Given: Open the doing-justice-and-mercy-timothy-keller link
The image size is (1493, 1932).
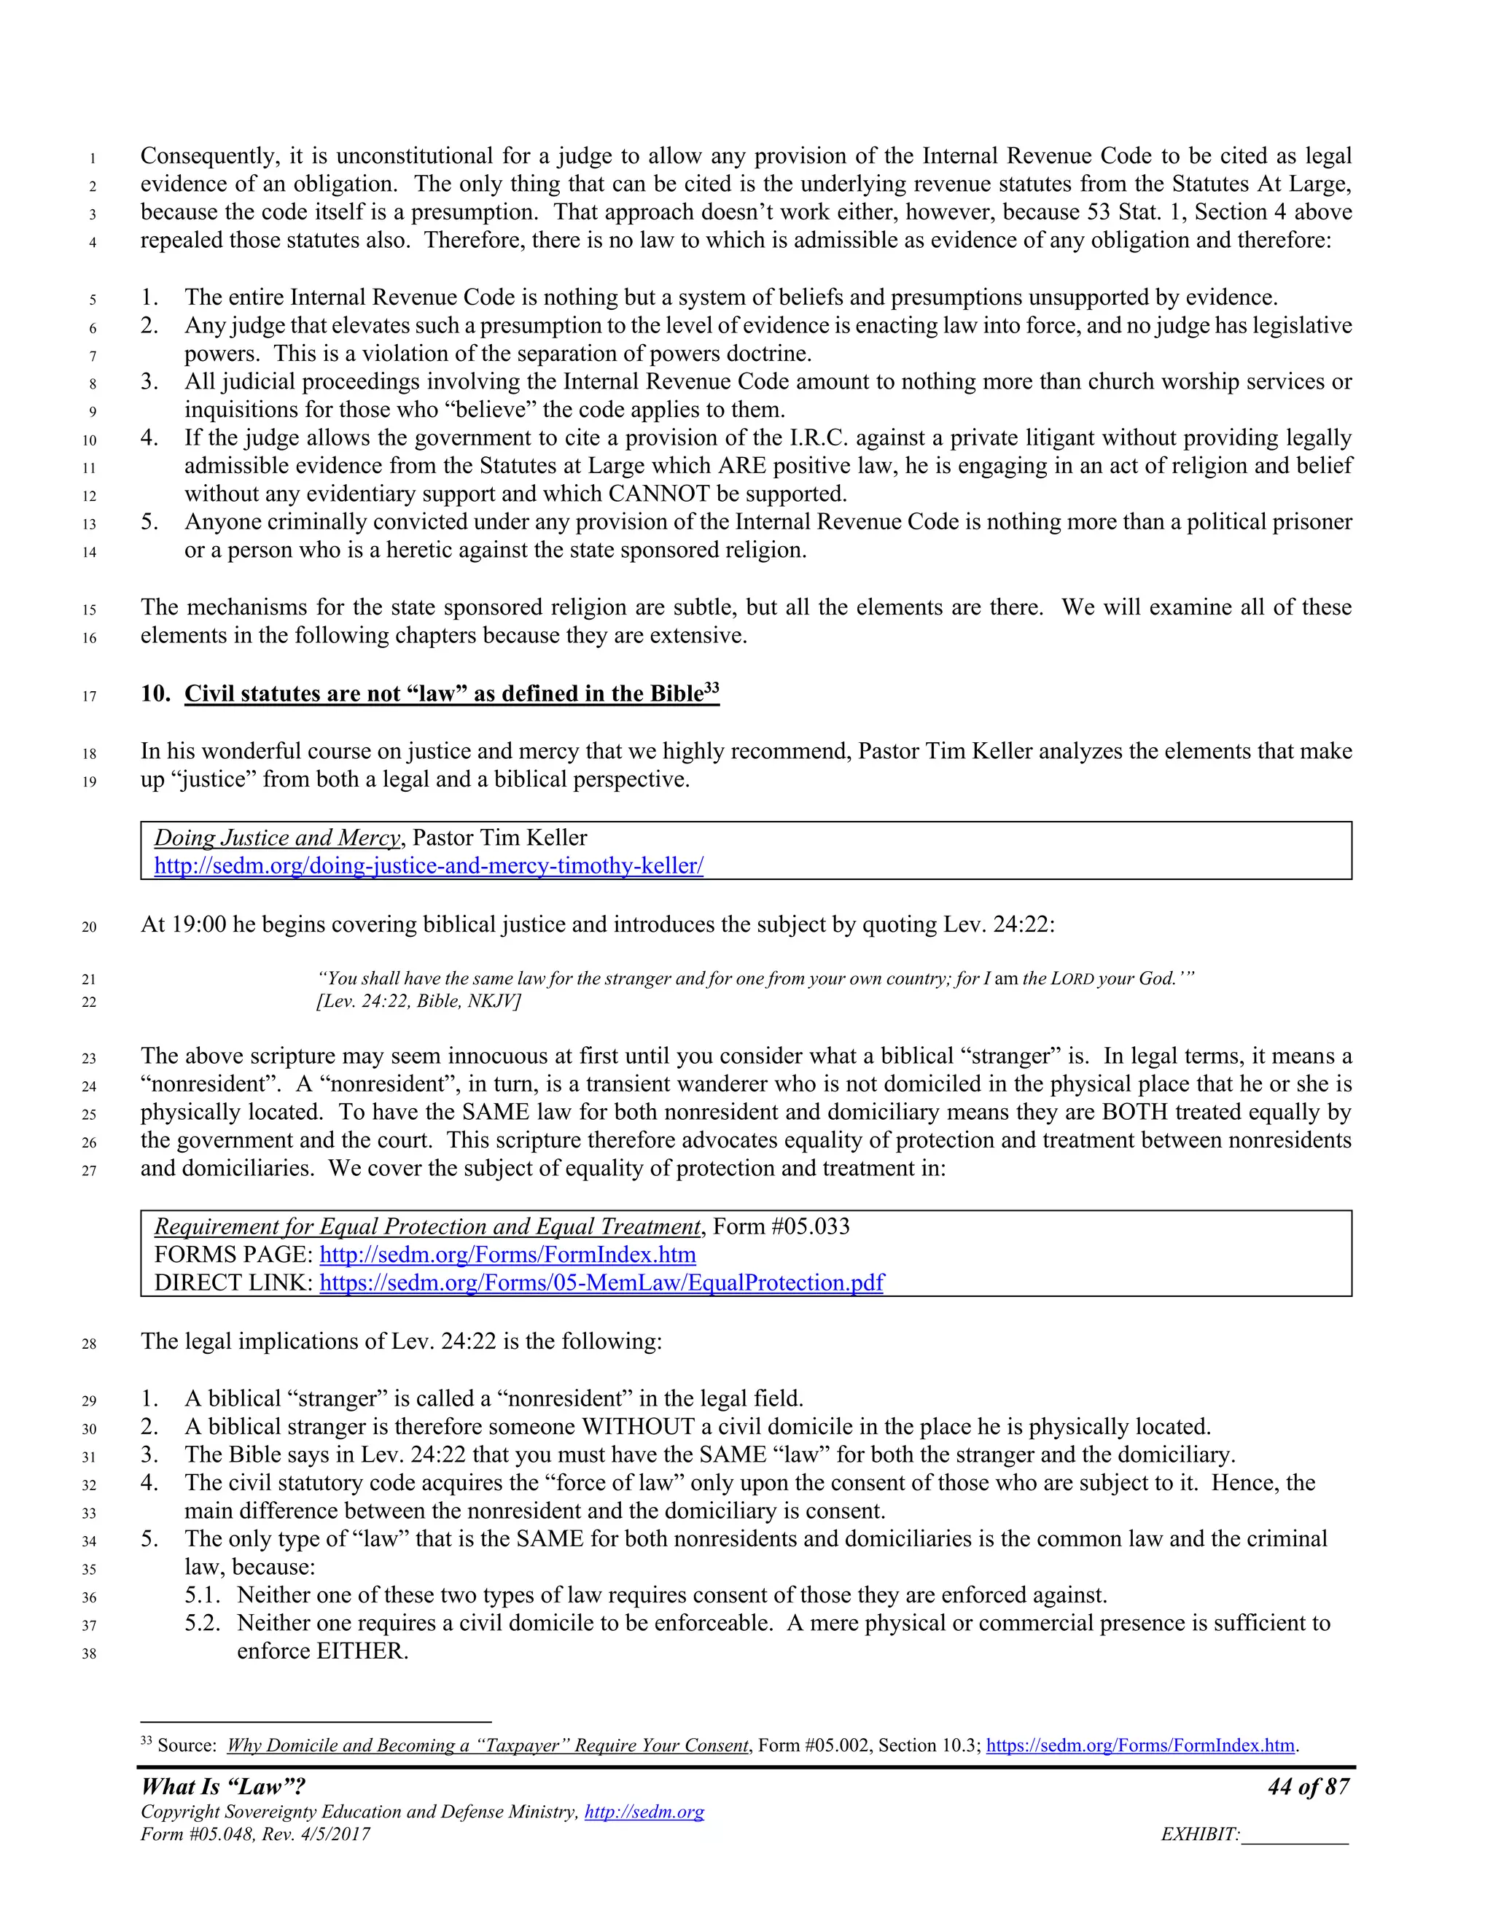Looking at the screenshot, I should point(429,865).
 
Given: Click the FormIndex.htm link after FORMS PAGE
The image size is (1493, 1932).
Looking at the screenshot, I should point(507,1255).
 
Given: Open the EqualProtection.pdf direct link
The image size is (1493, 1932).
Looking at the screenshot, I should point(601,1282).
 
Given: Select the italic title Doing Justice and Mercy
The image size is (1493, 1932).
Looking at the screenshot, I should point(278,838).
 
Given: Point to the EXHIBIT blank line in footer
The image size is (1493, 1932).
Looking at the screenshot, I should point(1295,1835).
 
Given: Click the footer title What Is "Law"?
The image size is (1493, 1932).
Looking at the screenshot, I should point(223,1787).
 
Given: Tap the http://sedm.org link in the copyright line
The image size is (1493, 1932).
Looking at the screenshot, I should point(644,1812).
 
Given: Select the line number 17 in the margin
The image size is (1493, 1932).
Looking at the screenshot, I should point(90,696).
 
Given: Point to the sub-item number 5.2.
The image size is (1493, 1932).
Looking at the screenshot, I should point(203,1624).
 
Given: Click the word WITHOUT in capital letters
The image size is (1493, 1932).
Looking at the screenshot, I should point(637,1427).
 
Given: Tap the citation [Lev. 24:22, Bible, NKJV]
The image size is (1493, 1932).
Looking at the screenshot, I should point(418,1002).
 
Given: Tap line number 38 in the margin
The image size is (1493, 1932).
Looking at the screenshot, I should point(90,1654).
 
